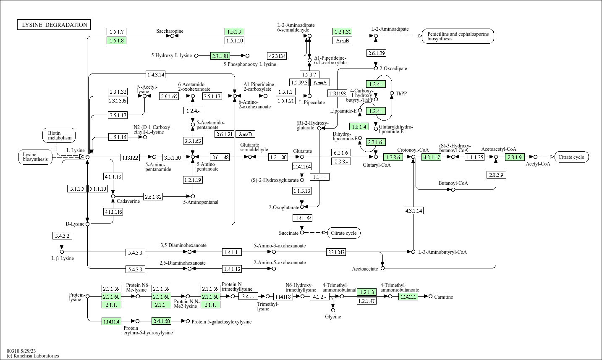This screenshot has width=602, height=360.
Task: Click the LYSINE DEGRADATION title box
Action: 54,25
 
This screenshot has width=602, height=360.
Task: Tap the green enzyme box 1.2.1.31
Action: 342,32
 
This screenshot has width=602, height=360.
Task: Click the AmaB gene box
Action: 342,40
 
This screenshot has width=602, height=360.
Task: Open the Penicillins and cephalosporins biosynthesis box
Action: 458,36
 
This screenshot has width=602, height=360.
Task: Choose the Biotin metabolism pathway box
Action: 59,135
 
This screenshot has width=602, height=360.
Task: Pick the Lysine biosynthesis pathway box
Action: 35,157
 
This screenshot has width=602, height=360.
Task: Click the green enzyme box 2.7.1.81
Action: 220,56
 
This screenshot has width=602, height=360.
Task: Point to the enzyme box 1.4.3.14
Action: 156,74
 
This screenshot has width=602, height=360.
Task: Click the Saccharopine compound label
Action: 170,31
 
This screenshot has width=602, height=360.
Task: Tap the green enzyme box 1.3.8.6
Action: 393,157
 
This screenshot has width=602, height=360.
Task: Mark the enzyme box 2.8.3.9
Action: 496,175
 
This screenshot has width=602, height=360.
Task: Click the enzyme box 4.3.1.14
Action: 414,210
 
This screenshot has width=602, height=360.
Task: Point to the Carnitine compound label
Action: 443,297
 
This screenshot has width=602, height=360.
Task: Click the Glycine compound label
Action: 333,317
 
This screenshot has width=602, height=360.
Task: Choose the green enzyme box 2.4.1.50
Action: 162,321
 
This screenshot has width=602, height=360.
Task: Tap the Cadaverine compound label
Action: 128,201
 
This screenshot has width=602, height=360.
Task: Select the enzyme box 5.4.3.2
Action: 62,236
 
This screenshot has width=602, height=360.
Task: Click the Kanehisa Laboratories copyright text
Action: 33,356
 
